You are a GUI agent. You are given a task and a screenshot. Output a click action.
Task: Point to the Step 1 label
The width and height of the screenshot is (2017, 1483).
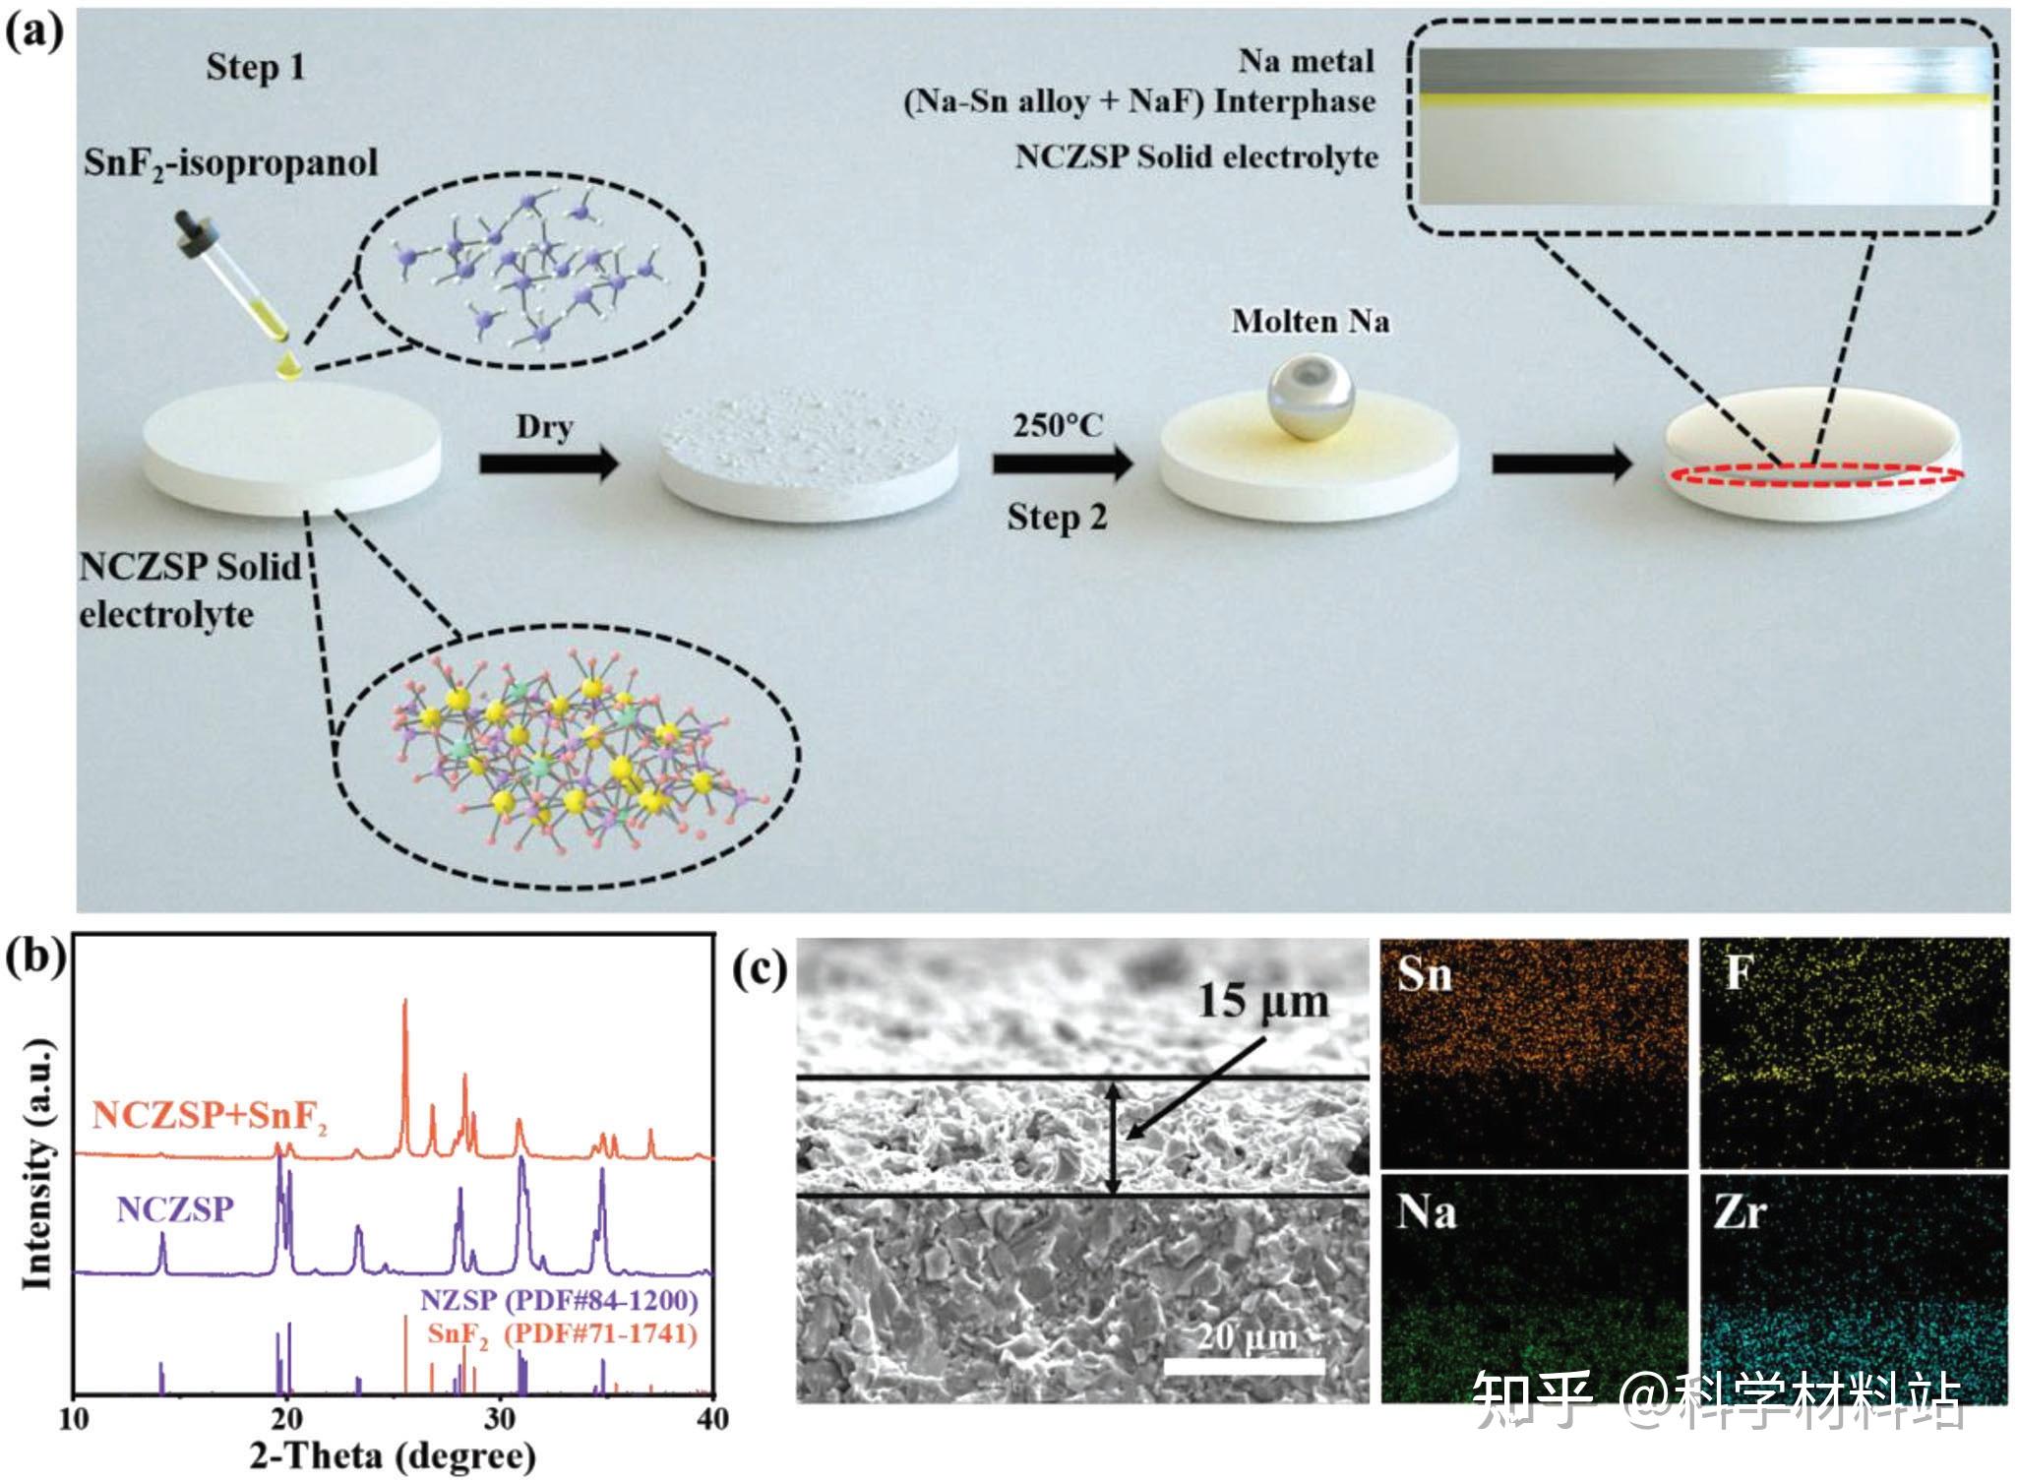(x=256, y=67)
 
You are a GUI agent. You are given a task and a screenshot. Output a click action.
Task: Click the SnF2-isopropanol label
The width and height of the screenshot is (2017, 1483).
(x=230, y=162)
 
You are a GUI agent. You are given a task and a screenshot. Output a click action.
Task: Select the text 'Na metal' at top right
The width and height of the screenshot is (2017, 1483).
(x=1306, y=61)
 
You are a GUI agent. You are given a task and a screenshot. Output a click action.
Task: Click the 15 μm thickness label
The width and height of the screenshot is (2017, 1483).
(x=1262, y=1001)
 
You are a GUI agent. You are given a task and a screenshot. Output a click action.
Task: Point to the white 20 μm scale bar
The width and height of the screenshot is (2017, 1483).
(x=1244, y=1367)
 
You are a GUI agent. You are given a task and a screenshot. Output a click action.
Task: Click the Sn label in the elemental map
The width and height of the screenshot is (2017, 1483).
(x=1424, y=975)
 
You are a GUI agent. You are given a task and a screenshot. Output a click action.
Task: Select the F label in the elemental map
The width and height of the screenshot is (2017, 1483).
(x=1739, y=973)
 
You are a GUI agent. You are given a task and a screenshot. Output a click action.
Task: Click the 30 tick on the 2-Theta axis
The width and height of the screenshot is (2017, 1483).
(x=500, y=1418)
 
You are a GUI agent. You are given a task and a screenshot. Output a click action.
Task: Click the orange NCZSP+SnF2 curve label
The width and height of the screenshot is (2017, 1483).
(x=210, y=1116)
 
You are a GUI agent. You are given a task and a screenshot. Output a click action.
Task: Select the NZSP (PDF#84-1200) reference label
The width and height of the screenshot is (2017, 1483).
(x=559, y=1300)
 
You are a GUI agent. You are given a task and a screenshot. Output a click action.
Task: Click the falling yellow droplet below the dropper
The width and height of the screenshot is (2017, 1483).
(x=288, y=367)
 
